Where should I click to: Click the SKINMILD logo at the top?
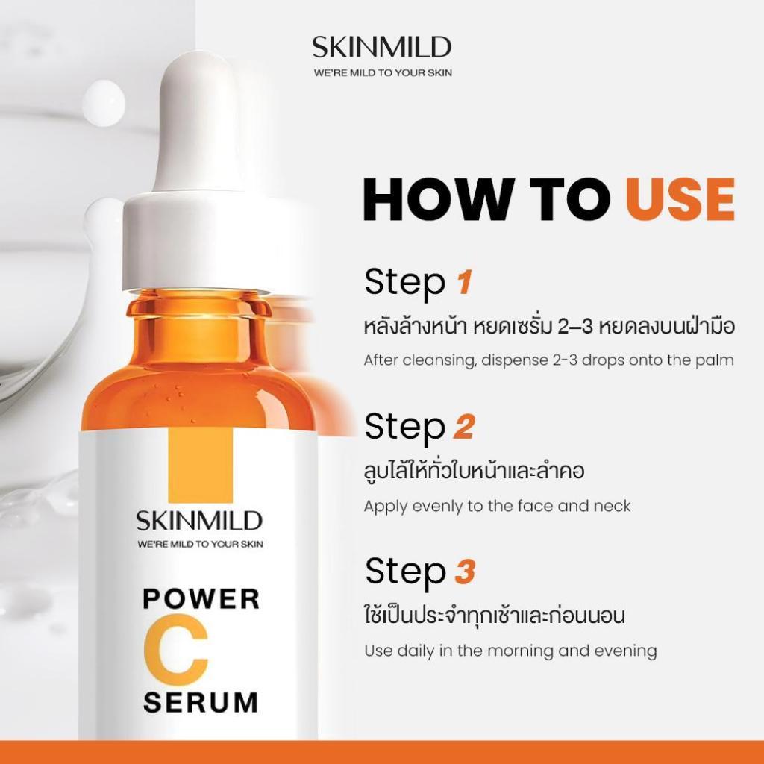pyautogui.click(x=382, y=47)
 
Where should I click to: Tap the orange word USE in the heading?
pyautogui.click(x=680, y=199)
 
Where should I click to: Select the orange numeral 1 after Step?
pyautogui.click(x=464, y=282)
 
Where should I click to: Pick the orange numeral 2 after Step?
pyautogui.click(x=464, y=427)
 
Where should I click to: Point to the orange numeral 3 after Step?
pyautogui.click(x=465, y=572)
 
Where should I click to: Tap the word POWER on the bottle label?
pyautogui.click(x=201, y=599)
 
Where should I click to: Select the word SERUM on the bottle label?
pyautogui.click(x=201, y=702)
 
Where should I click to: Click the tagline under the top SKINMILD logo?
pyautogui.click(x=383, y=72)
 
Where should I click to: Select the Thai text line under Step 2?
pyautogui.click(x=474, y=472)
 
